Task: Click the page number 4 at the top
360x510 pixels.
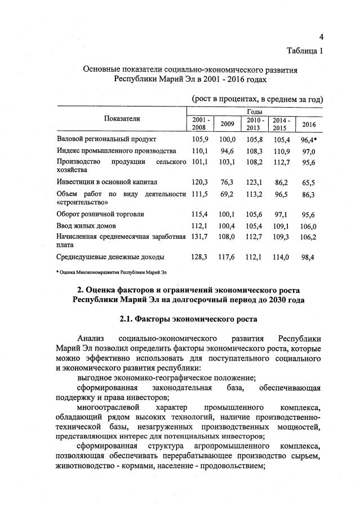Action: click(321, 37)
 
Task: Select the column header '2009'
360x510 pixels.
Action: click(228, 124)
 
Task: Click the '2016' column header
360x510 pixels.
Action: click(309, 124)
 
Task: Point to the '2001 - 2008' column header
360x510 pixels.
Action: click(201, 124)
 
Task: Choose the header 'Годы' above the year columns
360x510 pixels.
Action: click(255, 113)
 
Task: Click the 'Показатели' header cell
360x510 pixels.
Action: click(122, 118)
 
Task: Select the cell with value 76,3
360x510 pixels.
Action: click(228, 182)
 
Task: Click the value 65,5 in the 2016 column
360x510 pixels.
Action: click(309, 182)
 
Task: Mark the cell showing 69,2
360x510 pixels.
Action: click(228, 194)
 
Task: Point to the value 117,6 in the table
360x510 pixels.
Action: click(228, 257)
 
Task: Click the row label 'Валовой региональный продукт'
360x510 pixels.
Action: click(106, 139)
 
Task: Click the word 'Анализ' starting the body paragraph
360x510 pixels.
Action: click(91, 339)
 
